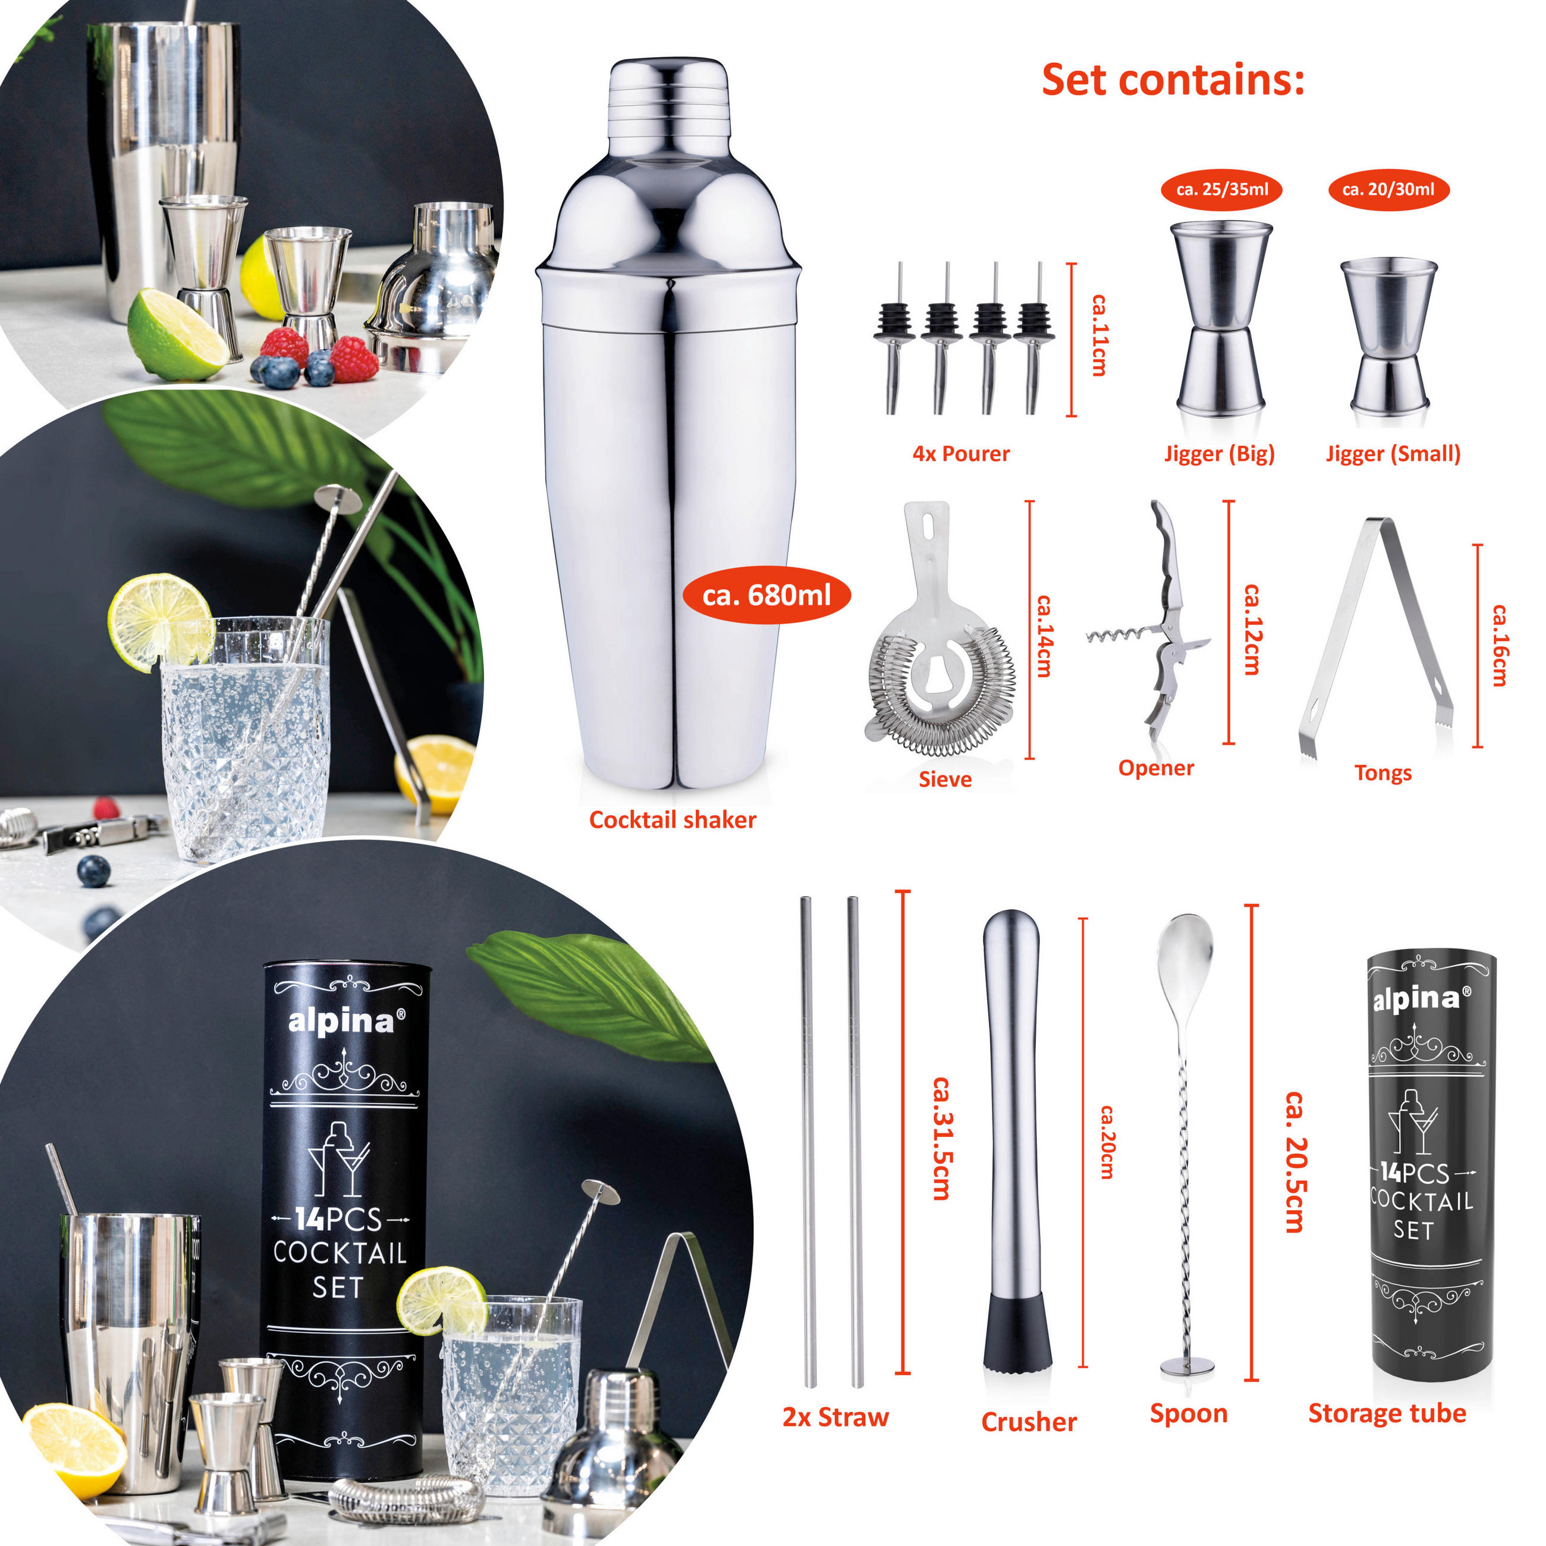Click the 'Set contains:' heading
tap(1173, 80)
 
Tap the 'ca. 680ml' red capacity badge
tap(766, 595)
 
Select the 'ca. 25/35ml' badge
tap(1222, 190)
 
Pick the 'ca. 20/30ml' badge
tap(1388, 190)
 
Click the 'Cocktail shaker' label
tap(672, 819)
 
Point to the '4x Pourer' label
tap(961, 454)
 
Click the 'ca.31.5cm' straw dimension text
tap(942, 1139)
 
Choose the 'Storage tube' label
tap(1387, 1413)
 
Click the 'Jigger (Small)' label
tap(1393, 454)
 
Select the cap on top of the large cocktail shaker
tap(669, 96)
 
